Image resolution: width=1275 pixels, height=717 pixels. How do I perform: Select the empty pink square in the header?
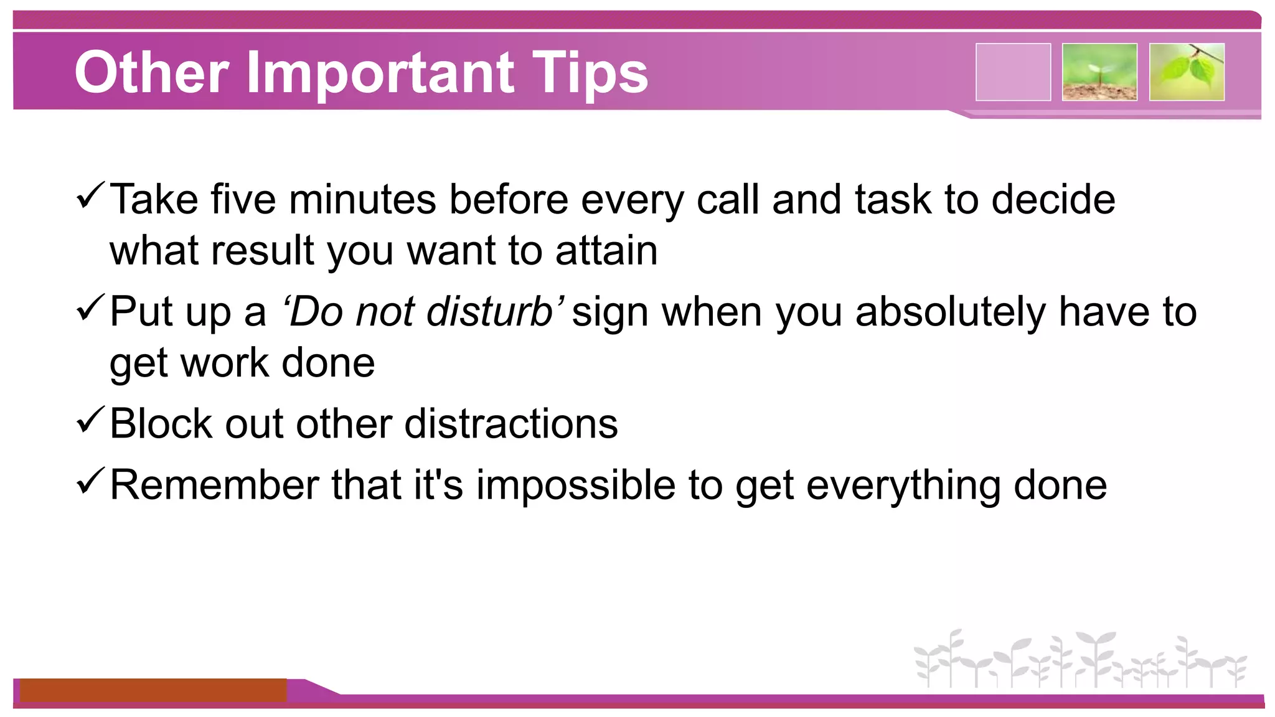pyautogui.click(x=1013, y=72)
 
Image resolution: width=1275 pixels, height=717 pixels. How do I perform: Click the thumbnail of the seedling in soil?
pyautogui.click(x=1099, y=72)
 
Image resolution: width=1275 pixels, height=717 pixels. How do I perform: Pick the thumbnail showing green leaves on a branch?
pyautogui.click(x=1187, y=72)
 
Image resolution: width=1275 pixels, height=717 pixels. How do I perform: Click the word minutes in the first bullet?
pyautogui.click(x=362, y=200)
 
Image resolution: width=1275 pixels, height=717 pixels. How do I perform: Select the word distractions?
pyautogui.click(x=511, y=424)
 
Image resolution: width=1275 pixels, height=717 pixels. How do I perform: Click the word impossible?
pyautogui.click(x=576, y=485)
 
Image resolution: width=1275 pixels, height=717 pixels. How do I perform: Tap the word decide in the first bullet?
pyautogui.click(x=1053, y=200)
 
